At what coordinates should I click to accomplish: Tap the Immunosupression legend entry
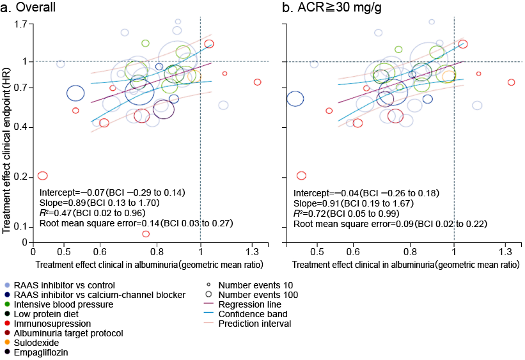(52, 324)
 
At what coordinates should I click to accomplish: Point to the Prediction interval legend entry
(255, 324)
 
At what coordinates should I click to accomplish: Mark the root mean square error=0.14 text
(136, 223)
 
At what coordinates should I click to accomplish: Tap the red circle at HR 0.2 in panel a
(43, 175)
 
